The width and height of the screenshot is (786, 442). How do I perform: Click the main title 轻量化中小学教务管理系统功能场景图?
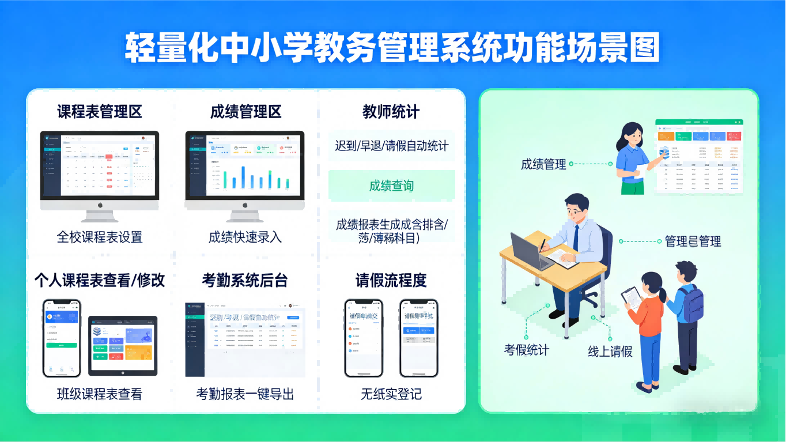392,48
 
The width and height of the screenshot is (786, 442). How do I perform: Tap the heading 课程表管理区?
99,111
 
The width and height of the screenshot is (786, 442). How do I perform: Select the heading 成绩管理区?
245,111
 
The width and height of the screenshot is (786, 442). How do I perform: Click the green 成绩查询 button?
392,186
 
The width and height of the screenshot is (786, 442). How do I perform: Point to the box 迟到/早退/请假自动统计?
392,145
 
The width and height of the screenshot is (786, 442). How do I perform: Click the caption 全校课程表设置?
99,237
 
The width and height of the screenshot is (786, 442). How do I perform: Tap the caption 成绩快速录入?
245,237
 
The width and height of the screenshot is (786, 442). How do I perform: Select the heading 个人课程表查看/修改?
99,280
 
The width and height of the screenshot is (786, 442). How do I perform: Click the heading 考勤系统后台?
245,280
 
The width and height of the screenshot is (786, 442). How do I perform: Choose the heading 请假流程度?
391,280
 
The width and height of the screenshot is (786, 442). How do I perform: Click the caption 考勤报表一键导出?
245,394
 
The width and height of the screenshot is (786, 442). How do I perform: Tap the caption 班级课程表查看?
99,394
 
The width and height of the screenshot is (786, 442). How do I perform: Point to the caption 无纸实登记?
391,394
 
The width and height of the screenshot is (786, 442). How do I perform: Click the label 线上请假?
610,352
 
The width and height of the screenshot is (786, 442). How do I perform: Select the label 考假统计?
527,349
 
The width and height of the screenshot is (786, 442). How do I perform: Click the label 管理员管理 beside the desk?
693,241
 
